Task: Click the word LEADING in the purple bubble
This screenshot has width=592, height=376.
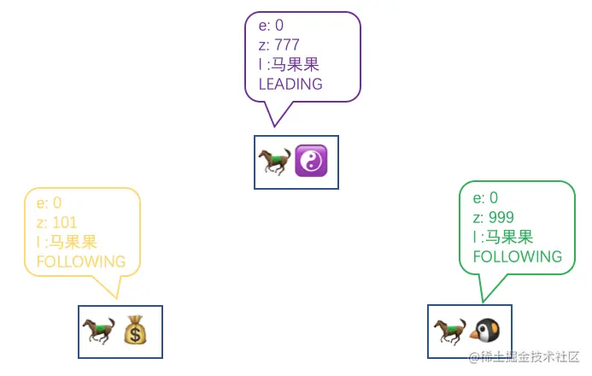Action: pyautogui.click(x=290, y=84)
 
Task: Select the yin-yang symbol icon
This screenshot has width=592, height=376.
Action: pyautogui.click(x=311, y=162)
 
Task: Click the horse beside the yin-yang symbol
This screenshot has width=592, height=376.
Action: pyautogui.click(x=274, y=162)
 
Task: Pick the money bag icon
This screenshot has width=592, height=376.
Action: pyautogui.click(x=137, y=331)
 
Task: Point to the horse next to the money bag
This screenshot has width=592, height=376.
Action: pyautogui.click(x=98, y=331)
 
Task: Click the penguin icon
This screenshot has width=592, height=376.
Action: pyautogui.click(x=488, y=331)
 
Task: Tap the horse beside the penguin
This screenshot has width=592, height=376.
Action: pyautogui.click(x=449, y=331)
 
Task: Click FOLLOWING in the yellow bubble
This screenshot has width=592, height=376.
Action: pyautogui.click(x=81, y=261)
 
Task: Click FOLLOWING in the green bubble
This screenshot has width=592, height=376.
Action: pyautogui.click(x=518, y=256)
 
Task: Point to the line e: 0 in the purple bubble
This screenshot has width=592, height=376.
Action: pyautogui.click(x=271, y=26)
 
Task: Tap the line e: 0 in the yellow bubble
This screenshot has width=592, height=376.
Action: pyautogui.click(x=49, y=203)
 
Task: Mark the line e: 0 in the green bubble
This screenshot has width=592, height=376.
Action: pyautogui.click(x=485, y=197)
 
